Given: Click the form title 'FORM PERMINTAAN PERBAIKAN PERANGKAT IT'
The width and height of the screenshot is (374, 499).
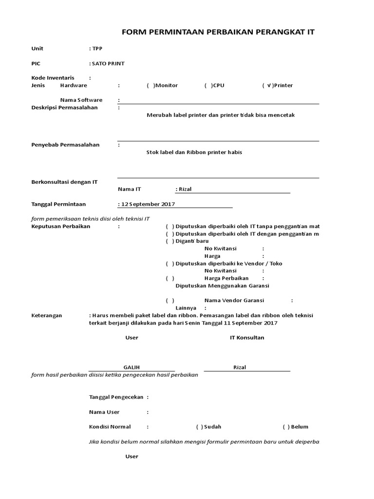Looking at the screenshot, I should (218, 32).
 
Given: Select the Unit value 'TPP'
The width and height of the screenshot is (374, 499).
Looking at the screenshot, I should (97, 49).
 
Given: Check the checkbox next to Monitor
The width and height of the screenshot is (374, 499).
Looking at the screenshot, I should (150, 85).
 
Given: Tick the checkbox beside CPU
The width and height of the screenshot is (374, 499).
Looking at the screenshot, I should (208, 85).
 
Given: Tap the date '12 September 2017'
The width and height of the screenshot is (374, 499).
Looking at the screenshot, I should (148, 204).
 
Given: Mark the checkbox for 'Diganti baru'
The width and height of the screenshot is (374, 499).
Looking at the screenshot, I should (169, 241).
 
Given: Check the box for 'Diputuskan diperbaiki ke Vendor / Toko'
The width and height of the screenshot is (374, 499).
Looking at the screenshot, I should (169, 264).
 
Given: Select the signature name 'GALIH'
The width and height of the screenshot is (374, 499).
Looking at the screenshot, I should (131, 367).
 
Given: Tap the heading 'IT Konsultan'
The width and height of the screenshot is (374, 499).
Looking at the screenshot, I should (247, 338).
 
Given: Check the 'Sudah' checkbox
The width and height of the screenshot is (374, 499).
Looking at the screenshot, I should (200, 427).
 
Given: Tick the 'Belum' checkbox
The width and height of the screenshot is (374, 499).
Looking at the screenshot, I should (286, 427).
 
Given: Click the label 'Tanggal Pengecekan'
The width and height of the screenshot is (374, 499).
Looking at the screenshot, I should (116, 397).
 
